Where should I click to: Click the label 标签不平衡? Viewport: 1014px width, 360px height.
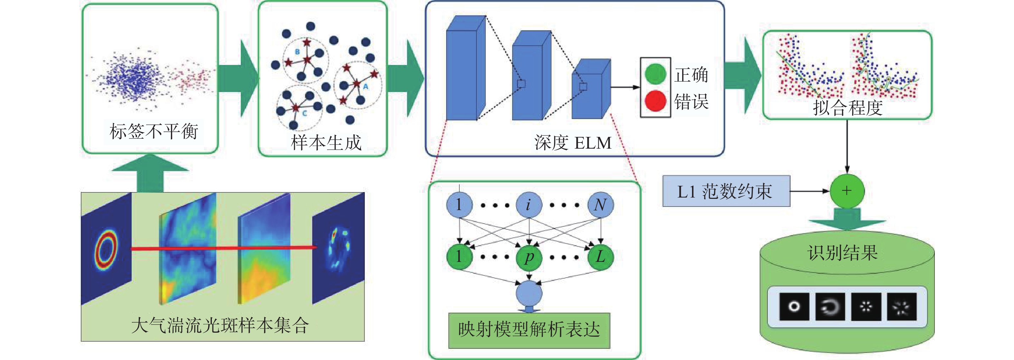(154, 131)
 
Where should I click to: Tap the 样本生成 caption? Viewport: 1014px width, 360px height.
(326, 143)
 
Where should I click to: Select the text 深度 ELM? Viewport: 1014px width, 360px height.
(573, 143)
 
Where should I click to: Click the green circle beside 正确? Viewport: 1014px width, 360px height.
(655, 74)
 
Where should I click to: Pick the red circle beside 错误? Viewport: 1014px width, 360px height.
(655, 101)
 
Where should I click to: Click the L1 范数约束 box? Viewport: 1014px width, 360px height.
(726, 191)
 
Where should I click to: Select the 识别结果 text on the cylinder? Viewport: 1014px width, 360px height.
(842, 253)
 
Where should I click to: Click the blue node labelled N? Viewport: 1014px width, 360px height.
(600, 205)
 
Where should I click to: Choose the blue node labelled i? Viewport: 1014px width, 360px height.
(529, 205)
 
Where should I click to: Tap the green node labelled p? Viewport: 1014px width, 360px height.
(529, 257)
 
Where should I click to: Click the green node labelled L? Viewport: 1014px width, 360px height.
(600, 257)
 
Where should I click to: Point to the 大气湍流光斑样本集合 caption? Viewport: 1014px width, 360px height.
(221, 326)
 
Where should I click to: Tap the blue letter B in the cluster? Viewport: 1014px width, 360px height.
(297, 51)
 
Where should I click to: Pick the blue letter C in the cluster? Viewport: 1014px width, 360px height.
(304, 113)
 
